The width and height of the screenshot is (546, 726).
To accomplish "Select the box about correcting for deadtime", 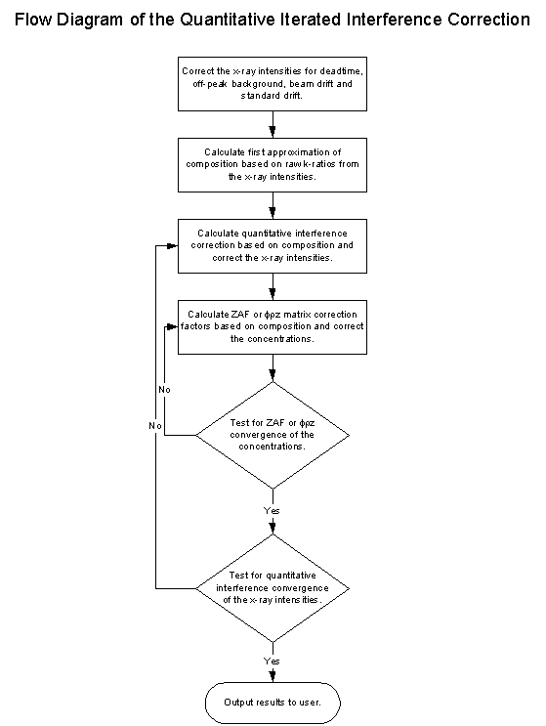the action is tap(273, 84).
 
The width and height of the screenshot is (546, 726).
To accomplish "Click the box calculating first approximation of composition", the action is tap(273, 165).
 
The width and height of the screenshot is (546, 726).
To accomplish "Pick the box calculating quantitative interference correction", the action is tap(273, 246).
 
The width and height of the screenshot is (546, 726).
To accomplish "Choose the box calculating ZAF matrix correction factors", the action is tap(273, 327).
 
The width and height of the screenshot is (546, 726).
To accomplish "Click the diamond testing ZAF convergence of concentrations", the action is tap(273, 435).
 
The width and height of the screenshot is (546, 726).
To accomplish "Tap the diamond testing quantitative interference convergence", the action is tap(273, 588).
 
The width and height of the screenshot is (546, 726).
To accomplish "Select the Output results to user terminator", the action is tap(273, 703).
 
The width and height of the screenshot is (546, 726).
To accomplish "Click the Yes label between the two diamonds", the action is tap(272, 510).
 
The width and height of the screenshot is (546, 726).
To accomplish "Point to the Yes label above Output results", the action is tap(272, 661).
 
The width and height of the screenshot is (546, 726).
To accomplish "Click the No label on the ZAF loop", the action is tap(164, 390).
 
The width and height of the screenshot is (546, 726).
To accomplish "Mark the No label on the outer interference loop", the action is tap(155, 425).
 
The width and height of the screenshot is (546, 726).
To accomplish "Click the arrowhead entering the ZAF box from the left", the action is tap(173, 327).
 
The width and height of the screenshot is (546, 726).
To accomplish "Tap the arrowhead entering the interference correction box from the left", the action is tap(173, 246).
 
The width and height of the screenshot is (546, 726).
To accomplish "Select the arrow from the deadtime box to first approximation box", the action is tap(273, 124).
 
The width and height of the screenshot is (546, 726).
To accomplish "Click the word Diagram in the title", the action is tap(89, 20).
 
